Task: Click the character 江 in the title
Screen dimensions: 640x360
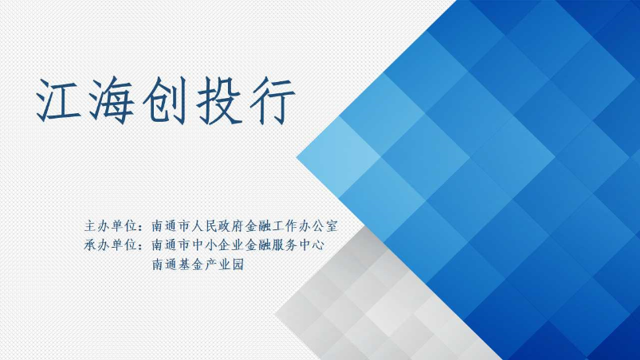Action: (x=58, y=100)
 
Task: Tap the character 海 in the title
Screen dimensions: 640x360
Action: (x=111, y=100)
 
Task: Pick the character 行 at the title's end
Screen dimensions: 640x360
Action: (x=273, y=100)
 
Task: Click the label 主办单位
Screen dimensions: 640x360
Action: (x=111, y=225)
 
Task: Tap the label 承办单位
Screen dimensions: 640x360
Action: (x=111, y=245)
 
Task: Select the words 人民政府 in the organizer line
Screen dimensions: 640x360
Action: (x=218, y=225)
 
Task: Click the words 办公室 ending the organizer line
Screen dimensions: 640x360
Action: (x=318, y=225)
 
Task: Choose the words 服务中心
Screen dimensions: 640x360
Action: (x=298, y=245)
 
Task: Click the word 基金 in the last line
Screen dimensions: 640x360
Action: (x=190, y=264)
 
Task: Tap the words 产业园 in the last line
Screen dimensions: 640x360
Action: (x=224, y=264)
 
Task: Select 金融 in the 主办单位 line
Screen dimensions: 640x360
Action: (x=258, y=225)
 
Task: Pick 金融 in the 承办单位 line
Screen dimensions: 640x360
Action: (x=258, y=245)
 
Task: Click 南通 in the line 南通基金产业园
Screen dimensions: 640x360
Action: (x=164, y=264)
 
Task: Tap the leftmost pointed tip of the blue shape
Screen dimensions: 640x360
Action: (x=296, y=157)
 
